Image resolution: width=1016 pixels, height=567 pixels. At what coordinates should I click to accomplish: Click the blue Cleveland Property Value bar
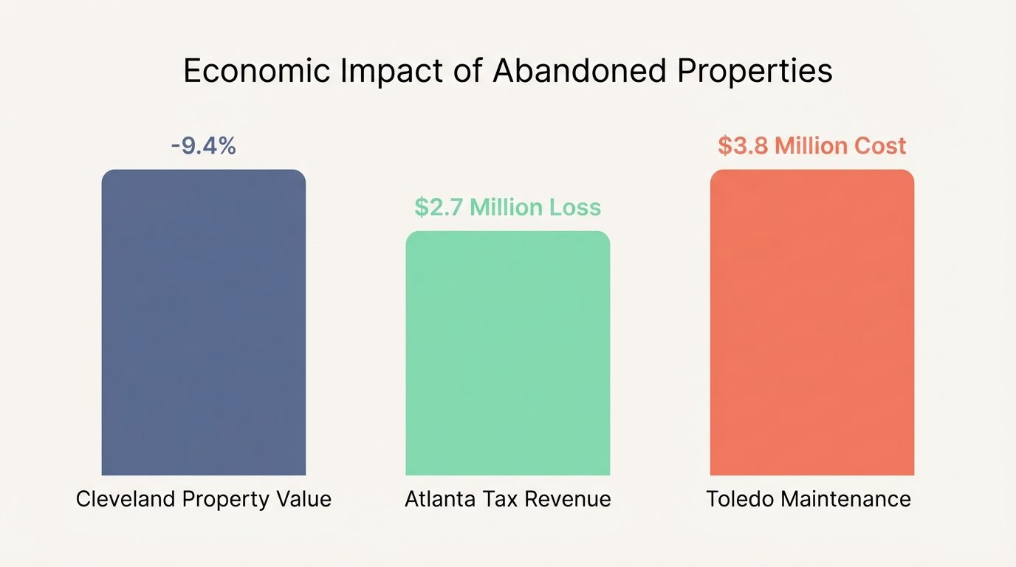(x=203, y=323)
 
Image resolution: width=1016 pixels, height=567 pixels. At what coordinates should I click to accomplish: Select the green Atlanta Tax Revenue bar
(x=508, y=353)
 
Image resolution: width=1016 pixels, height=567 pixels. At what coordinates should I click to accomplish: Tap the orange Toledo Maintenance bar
(x=812, y=323)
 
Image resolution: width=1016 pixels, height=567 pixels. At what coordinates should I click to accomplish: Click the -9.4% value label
(x=203, y=146)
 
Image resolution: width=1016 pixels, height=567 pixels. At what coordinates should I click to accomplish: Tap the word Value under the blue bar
(x=304, y=499)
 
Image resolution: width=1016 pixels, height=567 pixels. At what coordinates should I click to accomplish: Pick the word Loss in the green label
(x=575, y=207)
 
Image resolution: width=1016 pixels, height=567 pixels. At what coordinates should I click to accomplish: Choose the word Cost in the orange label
(x=880, y=145)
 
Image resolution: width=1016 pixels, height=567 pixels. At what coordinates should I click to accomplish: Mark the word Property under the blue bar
(x=227, y=499)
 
